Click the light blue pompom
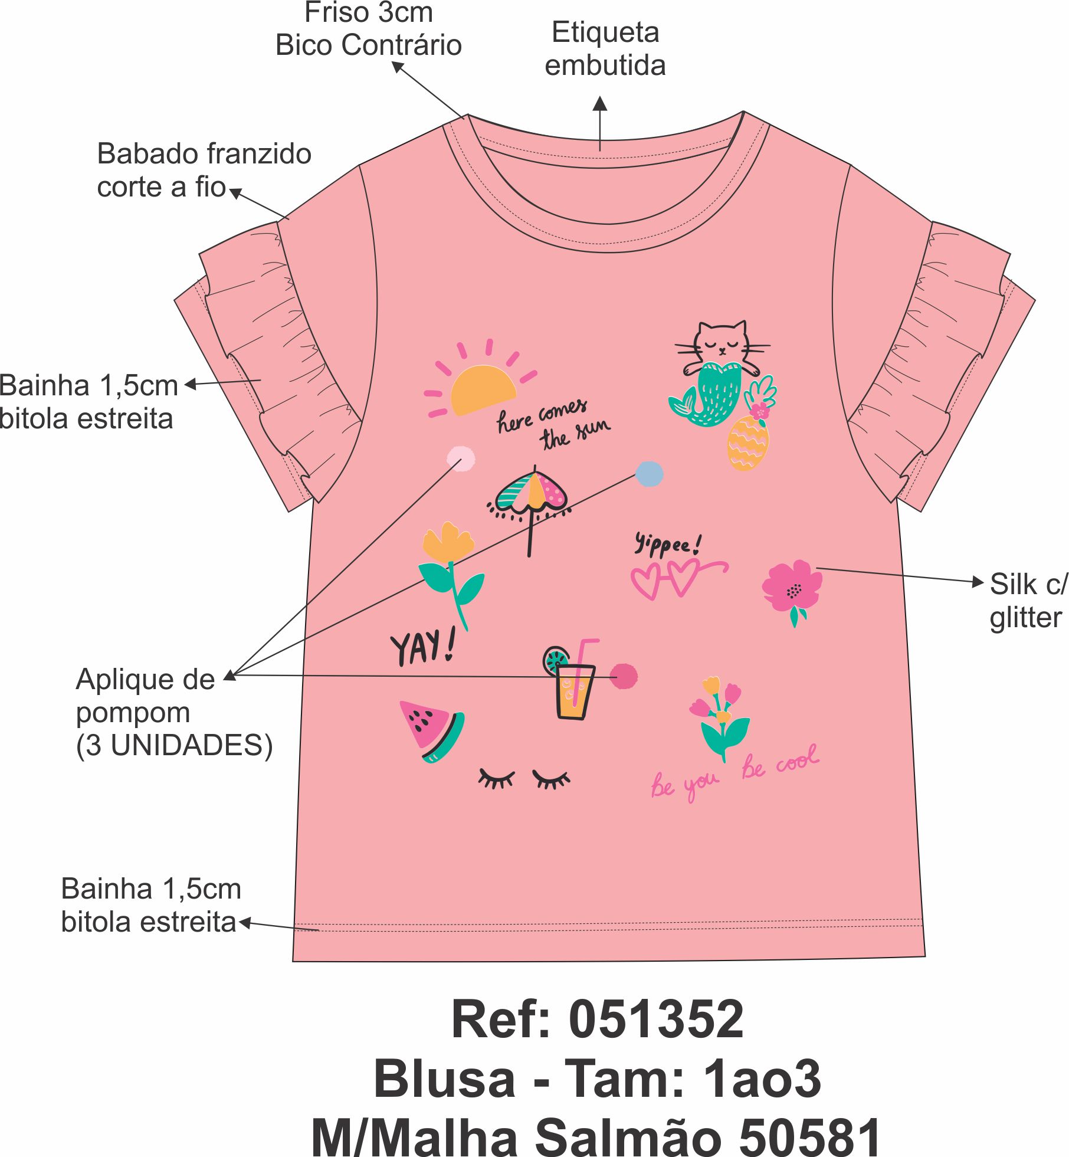(649, 474)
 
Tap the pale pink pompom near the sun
(461, 458)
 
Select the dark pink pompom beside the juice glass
(624, 676)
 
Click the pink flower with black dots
(792, 587)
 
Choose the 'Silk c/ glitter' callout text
(1028, 601)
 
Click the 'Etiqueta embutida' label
(605, 49)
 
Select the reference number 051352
(655, 1020)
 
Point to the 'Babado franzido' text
(204, 155)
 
